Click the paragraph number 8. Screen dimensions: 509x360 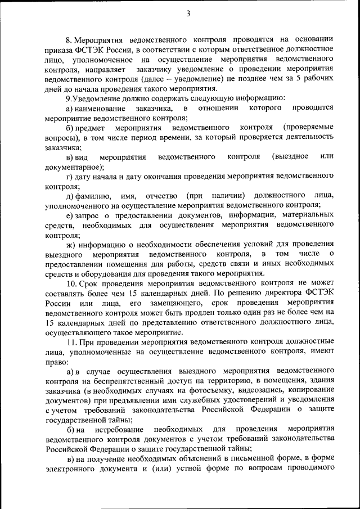tap(69, 40)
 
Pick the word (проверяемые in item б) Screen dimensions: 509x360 tap(308, 128)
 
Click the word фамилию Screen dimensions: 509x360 tap(95, 196)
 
